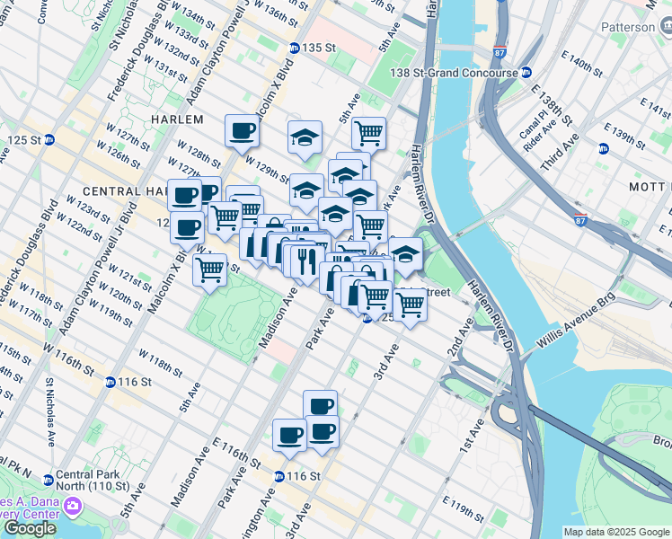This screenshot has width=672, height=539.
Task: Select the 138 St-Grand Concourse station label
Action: pyautogui.click(x=454, y=73)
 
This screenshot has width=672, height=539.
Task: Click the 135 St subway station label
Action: pyautogui.click(x=317, y=48)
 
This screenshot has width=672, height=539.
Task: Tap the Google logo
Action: pyautogui.click(x=30, y=528)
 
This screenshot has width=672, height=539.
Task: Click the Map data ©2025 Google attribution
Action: pyautogui.click(x=616, y=532)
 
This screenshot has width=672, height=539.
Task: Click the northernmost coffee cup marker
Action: pyautogui.click(x=241, y=131)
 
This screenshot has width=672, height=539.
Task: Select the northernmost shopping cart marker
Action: pyautogui.click(x=368, y=133)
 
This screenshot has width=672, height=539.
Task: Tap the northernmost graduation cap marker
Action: pyautogui.click(x=305, y=137)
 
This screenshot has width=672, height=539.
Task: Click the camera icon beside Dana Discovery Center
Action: pyautogui.click(x=70, y=508)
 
